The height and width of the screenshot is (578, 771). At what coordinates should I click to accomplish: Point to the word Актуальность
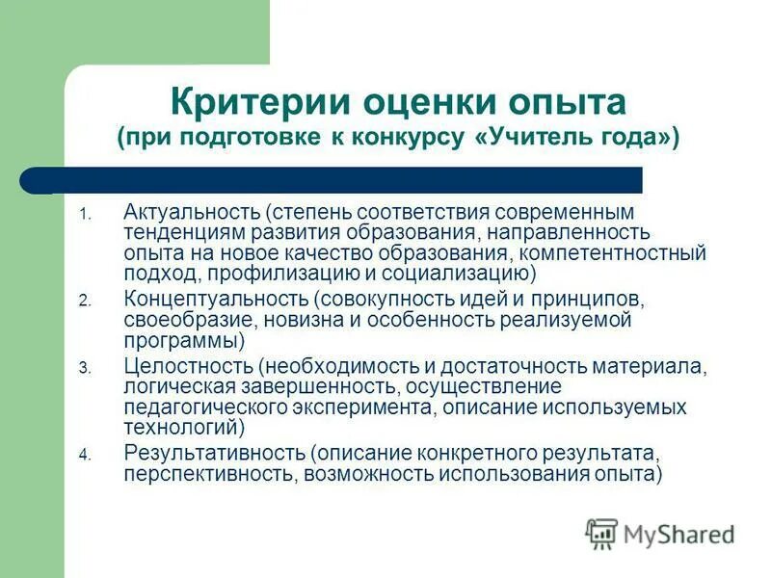tap(193, 210)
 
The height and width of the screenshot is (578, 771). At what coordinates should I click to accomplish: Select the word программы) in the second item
tap(184, 341)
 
